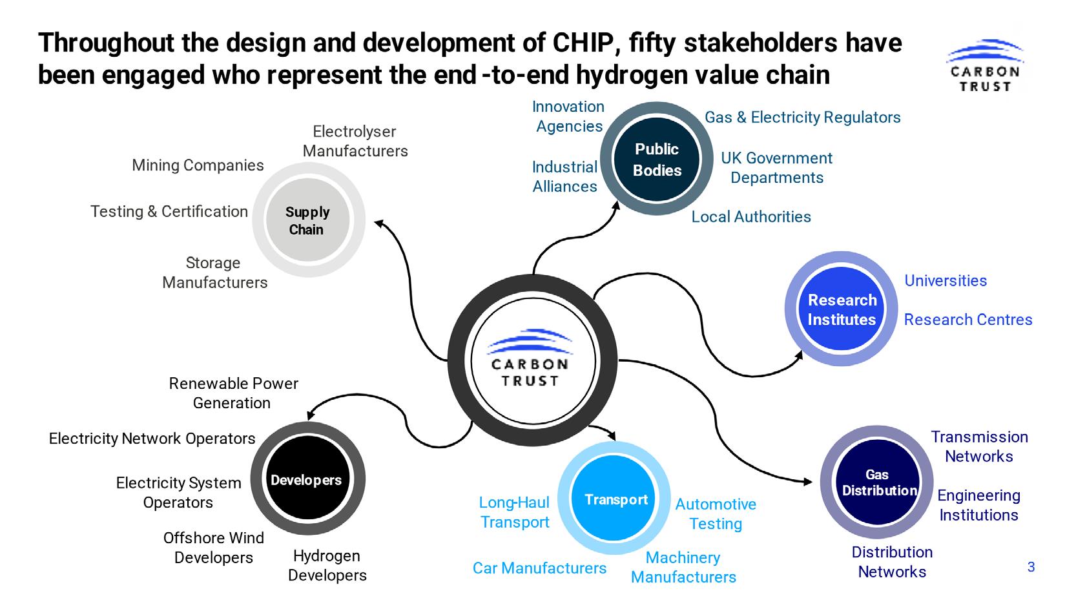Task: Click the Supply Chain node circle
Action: [308, 220]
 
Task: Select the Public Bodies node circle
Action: [657, 159]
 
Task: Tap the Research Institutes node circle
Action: [842, 309]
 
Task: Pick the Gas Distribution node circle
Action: [877, 482]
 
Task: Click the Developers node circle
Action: [307, 480]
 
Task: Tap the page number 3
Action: [1031, 567]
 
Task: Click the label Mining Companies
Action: [198, 165]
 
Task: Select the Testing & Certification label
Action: [169, 211]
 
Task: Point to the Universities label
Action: [946, 280]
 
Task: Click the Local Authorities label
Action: [751, 216]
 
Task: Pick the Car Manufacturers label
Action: [539, 568]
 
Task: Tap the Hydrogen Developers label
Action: [327, 565]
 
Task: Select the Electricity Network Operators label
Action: [152, 439]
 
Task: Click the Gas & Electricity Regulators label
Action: [802, 117]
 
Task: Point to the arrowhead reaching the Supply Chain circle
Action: [380, 224]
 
